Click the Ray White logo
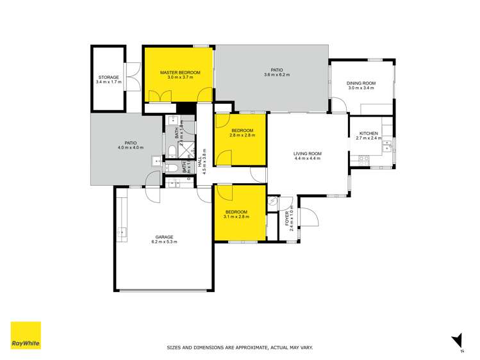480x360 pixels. [26, 335]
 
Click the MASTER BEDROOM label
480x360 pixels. [180, 73]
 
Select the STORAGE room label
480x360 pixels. [108, 77]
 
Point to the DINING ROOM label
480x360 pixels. [361, 83]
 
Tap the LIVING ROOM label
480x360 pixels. [307, 154]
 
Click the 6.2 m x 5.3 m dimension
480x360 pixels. [164, 241]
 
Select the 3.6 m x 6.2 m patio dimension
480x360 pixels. [277, 76]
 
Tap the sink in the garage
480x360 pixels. [120, 231]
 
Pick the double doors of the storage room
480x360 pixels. [133, 77]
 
